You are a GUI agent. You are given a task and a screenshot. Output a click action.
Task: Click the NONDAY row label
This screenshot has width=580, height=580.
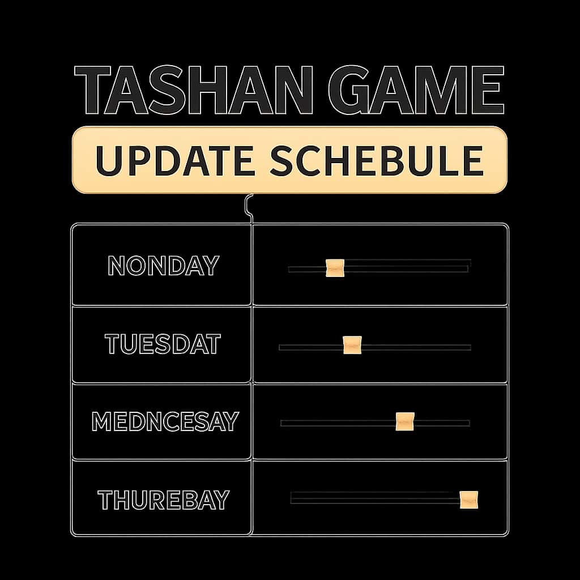(x=163, y=266)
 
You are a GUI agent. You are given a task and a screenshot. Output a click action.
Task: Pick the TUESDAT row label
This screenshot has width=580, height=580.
(x=163, y=344)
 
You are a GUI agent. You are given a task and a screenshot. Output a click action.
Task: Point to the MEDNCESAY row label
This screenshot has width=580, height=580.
(x=164, y=421)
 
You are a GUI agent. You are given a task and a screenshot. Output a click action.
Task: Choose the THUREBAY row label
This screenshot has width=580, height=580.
(x=163, y=500)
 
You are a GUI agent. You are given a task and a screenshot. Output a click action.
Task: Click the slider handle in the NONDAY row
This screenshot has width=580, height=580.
(x=335, y=268)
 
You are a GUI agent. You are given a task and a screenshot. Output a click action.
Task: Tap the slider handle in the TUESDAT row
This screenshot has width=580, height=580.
(x=352, y=345)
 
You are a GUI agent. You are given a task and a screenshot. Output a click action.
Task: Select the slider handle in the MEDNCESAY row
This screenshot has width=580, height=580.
(x=404, y=421)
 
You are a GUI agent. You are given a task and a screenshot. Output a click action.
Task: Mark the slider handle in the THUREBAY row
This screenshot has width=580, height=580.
(x=468, y=500)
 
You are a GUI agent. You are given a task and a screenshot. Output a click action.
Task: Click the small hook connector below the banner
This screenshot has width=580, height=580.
(x=248, y=207)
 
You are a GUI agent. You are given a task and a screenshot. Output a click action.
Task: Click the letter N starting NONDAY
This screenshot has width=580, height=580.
(x=117, y=266)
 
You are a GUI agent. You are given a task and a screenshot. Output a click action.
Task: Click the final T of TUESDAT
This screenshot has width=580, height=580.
(x=212, y=344)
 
